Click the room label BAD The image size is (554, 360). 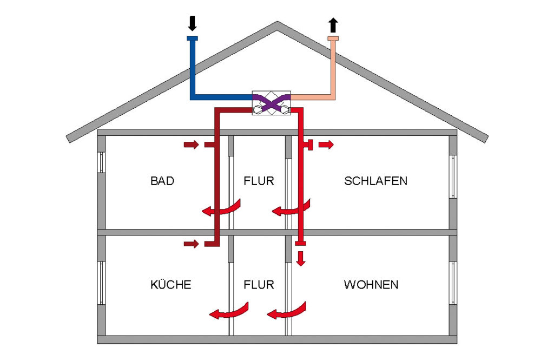coord(162,181)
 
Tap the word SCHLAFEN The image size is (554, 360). coord(375,181)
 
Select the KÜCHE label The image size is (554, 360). coord(170,284)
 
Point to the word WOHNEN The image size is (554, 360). coord(371,284)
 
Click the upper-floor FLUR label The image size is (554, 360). coord(259,181)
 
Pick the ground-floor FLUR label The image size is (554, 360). coord(259,284)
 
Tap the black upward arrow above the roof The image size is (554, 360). coord(333,25)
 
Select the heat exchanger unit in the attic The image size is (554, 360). coord(272,102)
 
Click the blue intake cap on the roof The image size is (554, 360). coord(192,38)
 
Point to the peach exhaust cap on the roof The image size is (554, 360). coord(333,38)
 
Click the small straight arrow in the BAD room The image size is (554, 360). coord(191,145)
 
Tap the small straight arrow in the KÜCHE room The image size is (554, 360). coord(191,244)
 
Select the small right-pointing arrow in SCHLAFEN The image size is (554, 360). coord(326,145)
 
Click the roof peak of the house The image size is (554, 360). coord(278,24)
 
